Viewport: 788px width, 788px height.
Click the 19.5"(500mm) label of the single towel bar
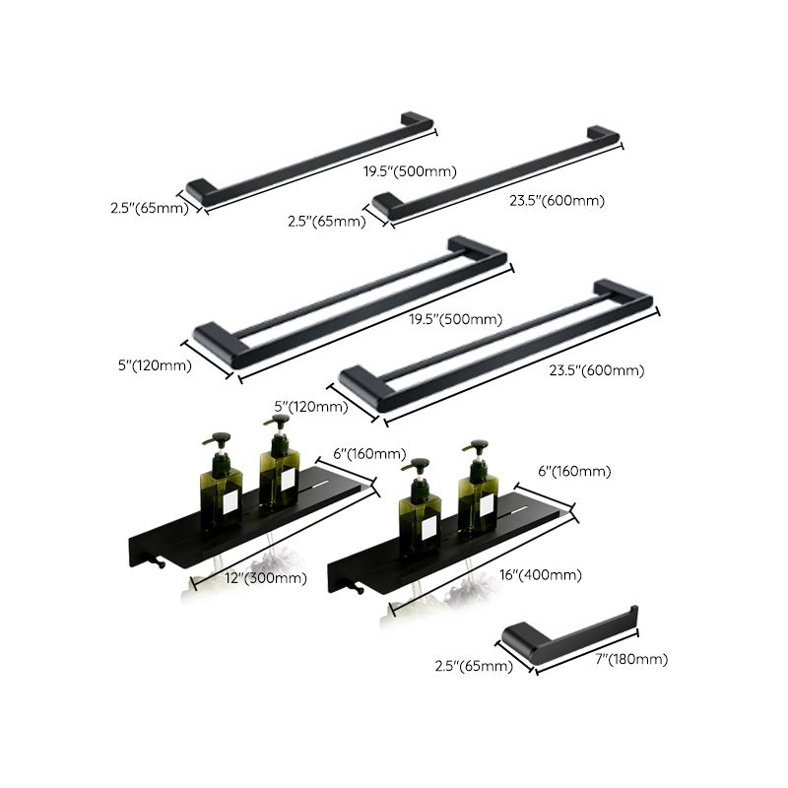(x=411, y=171)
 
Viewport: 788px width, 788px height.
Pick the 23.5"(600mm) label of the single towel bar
(x=558, y=201)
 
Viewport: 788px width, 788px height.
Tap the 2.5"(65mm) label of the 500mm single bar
(x=150, y=209)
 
